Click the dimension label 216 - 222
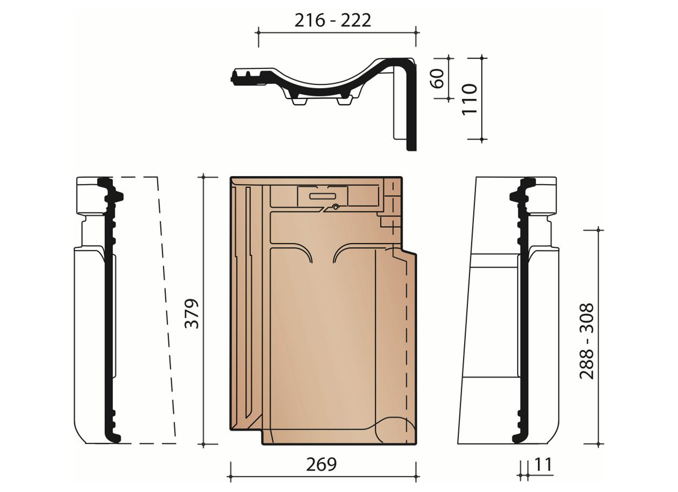[x=333, y=20]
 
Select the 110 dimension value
[x=470, y=99]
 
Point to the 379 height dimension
[x=192, y=314]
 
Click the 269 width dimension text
[x=321, y=464]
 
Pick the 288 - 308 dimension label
[x=587, y=341]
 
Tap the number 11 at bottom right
[x=543, y=465]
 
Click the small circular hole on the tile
[x=336, y=207]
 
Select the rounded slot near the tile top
[x=322, y=196]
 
